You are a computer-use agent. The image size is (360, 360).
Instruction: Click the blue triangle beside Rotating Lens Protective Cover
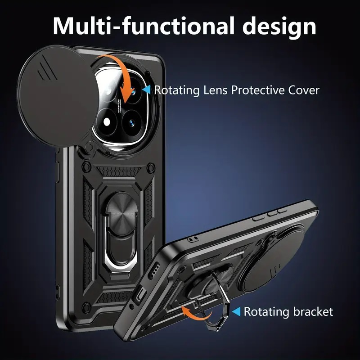point(147,90)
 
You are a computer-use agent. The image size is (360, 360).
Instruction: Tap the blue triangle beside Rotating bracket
point(237,311)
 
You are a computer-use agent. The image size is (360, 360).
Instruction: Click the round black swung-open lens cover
point(58,96)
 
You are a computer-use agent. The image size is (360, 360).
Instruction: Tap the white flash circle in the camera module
point(107,122)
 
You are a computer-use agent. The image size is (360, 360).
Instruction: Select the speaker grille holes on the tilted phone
point(154,270)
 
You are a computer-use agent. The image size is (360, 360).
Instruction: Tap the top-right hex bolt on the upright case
point(151,167)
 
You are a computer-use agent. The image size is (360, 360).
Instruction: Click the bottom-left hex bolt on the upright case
point(87,307)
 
